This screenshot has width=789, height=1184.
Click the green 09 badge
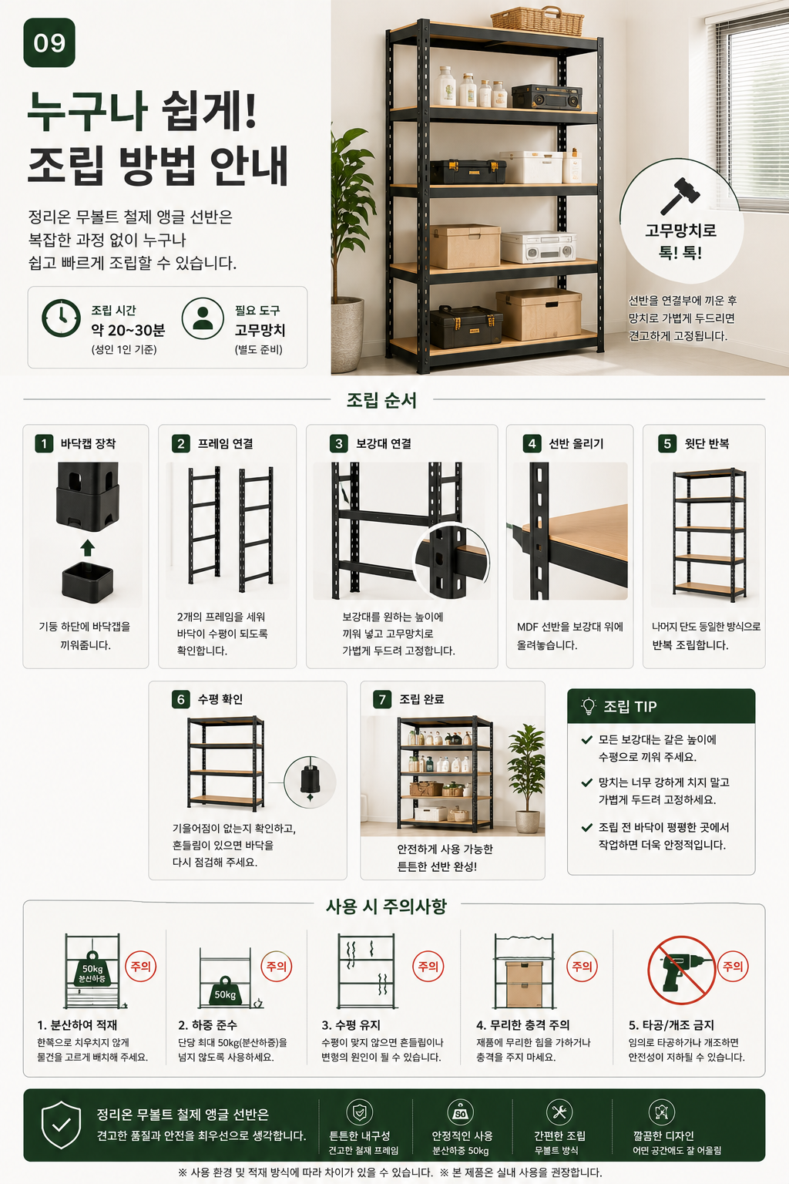click(49, 43)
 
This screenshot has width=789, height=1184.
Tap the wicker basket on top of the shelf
click(537, 21)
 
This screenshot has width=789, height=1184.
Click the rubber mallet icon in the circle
click(680, 195)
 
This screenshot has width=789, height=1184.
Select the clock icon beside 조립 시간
click(62, 318)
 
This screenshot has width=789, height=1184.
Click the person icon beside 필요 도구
click(203, 318)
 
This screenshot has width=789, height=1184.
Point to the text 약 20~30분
click(128, 331)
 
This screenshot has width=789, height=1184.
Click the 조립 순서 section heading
click(381, 400)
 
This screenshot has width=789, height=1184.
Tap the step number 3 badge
click(339, 443)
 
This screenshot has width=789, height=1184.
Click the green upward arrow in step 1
click(88, 548)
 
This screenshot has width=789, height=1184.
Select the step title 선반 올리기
click(576, 443)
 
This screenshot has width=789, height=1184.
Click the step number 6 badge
click(181, 699)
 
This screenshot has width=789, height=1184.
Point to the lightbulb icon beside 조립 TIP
click(588, 706)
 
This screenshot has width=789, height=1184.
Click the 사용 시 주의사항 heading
click(386, 906)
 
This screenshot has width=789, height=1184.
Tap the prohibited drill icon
click(681, 970)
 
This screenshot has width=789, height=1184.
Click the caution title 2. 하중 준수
click(208, 1025)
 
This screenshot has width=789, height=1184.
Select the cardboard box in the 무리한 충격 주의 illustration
click(524, 984)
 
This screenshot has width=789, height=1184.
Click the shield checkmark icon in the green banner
click(62, 1125)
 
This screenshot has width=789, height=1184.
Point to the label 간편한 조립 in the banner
click(559, 1136)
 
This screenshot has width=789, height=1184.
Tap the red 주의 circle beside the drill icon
click(733, 966)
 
